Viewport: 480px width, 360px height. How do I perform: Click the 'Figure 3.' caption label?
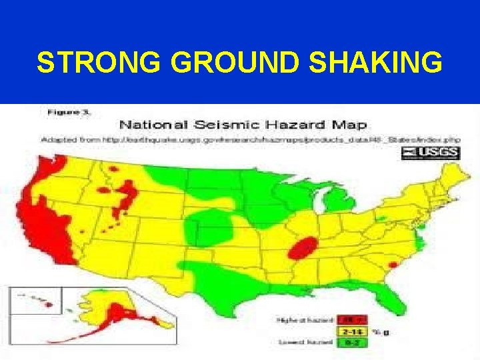click(x=69, y=113)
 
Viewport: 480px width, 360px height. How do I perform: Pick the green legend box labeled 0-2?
click(x=348, y=342)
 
